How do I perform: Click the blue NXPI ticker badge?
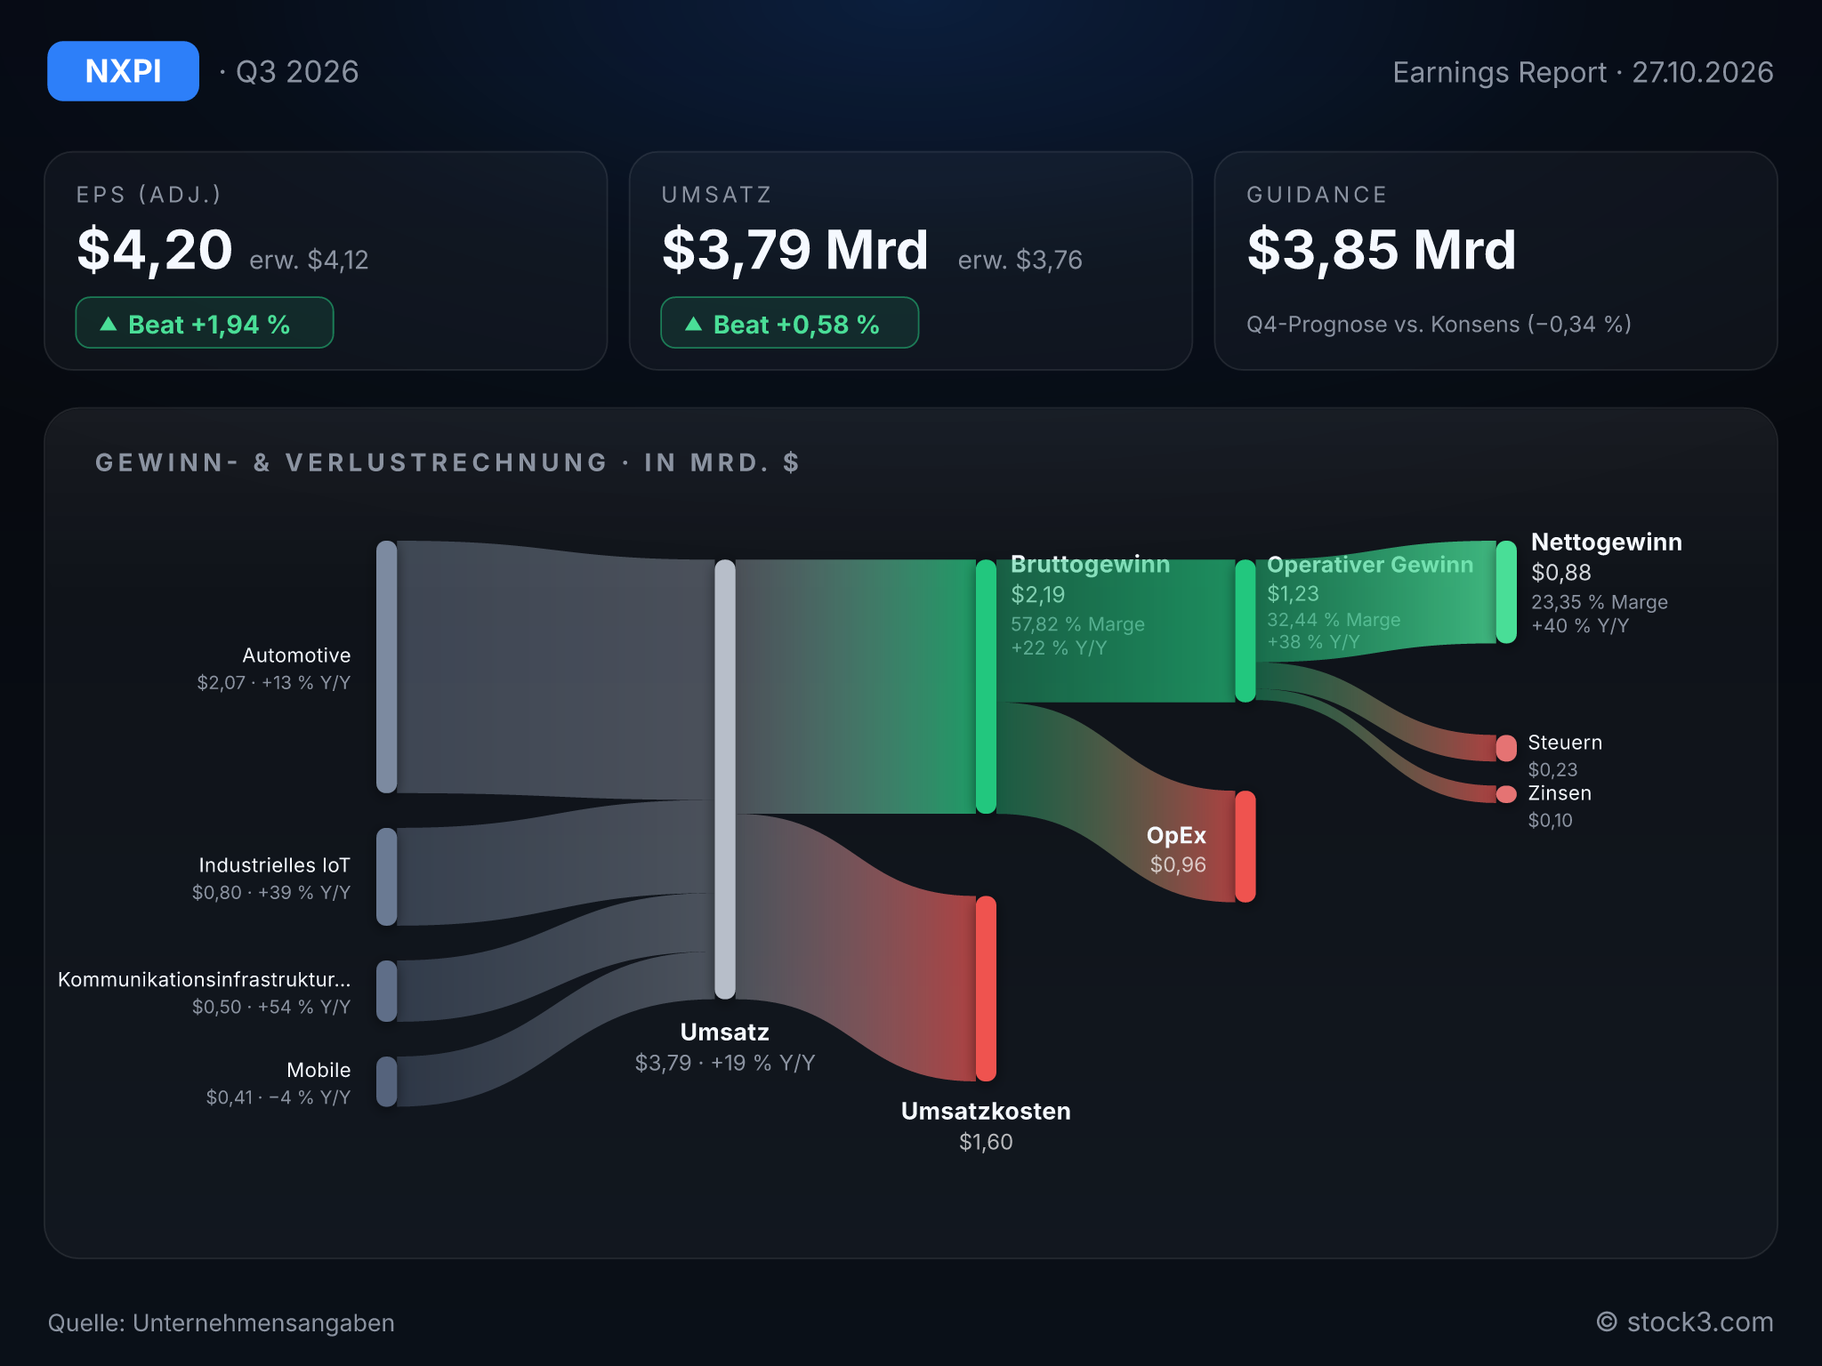(123, 71)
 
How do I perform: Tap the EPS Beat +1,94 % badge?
(205, 323)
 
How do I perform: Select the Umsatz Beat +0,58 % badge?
(790, 323)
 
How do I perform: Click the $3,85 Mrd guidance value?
(1381, 250)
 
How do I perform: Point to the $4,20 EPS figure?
(155, 250)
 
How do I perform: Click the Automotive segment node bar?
(387, 667)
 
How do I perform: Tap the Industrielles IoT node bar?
(387, 877)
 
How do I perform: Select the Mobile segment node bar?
(387, 1081)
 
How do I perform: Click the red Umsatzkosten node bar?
(986, 989)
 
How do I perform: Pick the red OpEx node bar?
(1246, 847)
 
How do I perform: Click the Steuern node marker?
(1506, 748)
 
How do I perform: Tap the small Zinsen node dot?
(1506, 794)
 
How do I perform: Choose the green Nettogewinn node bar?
(1506, 592)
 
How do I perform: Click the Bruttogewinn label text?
(1090, 565)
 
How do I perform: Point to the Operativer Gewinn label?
(1370, 565)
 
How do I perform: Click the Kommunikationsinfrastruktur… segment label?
(205, 979)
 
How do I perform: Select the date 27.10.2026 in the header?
(1703, 72)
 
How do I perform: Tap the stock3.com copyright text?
(1685, 1322)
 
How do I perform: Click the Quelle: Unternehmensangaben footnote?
(221, 1323)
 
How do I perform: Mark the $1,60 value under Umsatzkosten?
(986, 1142)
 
